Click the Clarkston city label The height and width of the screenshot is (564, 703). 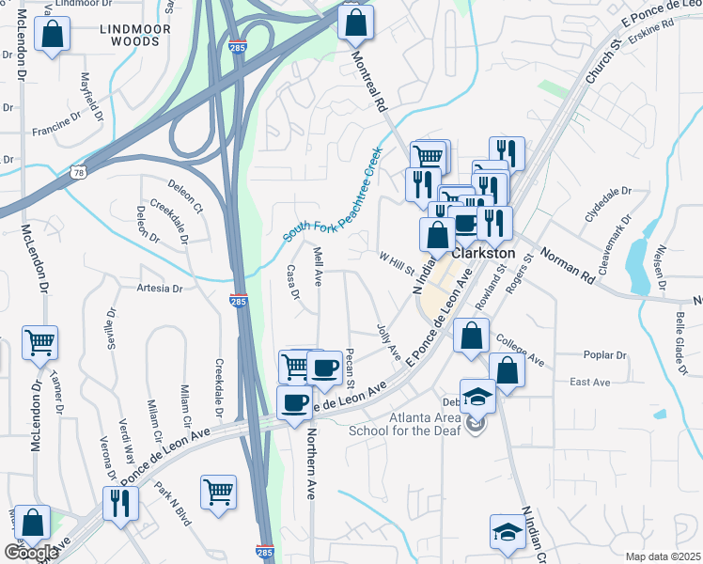pos(484,254)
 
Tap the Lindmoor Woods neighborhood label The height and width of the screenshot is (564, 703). pos(134,35)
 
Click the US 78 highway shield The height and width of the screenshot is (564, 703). pos(78,172)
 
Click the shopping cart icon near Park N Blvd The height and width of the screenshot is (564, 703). pos(218,492)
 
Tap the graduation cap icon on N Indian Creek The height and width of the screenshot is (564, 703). pos(508,532)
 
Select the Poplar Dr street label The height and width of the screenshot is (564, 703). pos(605,356)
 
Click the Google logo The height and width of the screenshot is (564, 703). pos(31,553)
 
